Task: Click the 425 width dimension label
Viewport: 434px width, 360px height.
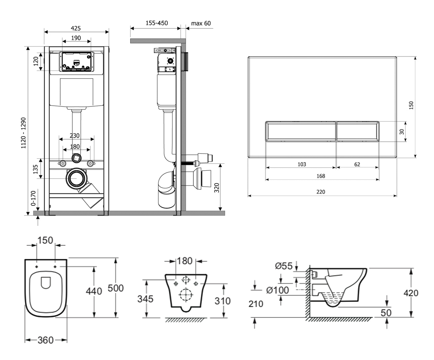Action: click(76, 28)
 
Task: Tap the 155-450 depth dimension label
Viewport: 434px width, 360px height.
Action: click(157, 23)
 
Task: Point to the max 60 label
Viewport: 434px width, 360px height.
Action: click(201, 23)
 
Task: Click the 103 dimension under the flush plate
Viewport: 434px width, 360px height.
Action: click(302, 164)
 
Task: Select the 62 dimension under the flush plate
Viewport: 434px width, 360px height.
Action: click(357, 164)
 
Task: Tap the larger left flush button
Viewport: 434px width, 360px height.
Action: click(300, 131)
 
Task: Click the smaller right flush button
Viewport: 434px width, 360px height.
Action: click(357, 131)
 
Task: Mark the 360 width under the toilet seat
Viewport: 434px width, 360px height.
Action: click(46, 340)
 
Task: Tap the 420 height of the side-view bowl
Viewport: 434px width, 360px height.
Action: click(410, 293)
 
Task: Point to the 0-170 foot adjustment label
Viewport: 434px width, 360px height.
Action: click(34, 198)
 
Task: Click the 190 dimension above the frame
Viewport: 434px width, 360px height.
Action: click(76, 38)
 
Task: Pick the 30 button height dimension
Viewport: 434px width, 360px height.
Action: click(402, 131)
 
